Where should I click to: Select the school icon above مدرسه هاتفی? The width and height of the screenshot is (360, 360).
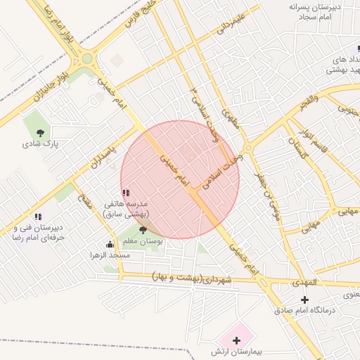click(125, 193)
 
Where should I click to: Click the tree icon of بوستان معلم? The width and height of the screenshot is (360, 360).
click(143, 230)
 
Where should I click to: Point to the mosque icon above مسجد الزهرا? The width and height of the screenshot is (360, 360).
click(110, 245)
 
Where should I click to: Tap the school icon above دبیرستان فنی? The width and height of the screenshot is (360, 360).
click(38, 217)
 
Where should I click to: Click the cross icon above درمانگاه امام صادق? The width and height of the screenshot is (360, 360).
click(304, 300)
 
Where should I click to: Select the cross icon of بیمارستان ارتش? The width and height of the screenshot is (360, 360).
click(236, 340)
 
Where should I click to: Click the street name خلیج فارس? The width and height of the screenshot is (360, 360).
click(141, 15)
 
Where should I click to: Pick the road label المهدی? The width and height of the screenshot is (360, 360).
click(306, 283)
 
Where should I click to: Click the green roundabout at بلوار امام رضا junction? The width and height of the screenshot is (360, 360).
click(89, 58)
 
